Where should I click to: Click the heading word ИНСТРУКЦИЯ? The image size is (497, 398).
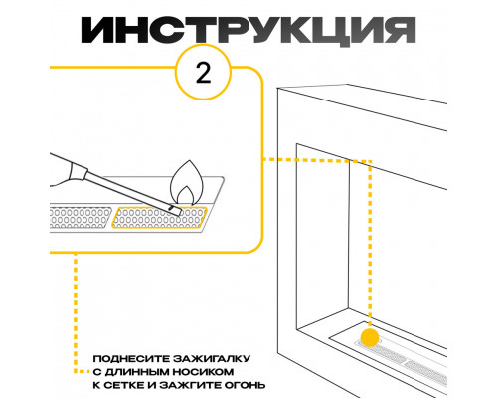(248, 30)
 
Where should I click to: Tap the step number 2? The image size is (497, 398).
(203, 73)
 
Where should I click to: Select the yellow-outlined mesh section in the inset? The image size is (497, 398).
(159, 218)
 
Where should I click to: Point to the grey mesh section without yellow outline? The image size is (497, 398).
(81, 218)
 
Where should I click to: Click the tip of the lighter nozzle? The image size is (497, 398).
(179, 213)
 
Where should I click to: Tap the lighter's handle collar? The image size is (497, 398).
(79, 173)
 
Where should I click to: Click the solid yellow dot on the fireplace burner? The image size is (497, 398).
(370, 338)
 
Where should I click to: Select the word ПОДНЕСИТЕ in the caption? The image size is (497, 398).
(131, 359)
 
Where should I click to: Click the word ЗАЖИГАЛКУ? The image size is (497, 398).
(212, 359)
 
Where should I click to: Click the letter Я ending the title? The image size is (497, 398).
(400, 30)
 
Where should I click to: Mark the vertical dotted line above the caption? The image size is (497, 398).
(76, 311)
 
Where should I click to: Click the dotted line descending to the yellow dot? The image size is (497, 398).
(370, 246)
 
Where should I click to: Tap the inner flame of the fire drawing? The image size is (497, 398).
(186, 196)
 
